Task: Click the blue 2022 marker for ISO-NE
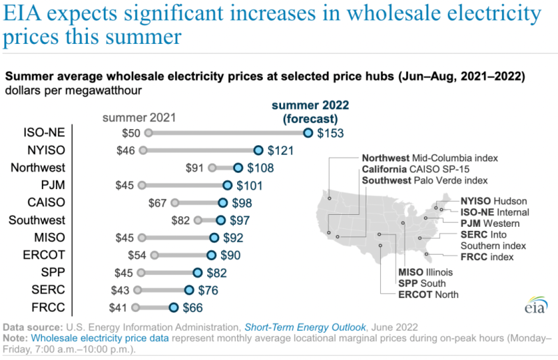[x=308, y=133]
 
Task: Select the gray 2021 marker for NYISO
[x=143, y=150]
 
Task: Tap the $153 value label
[x=331, y=133]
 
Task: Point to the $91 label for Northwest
[x=196, y=167]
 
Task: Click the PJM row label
[x=50, y=185]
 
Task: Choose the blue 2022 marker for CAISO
[x=223, y=202]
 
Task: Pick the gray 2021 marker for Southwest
[x=198, y=220]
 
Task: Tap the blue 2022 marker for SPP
[x=197, y=272]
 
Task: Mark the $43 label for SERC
[x=121, y=290]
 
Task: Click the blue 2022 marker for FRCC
[x=173, y=307]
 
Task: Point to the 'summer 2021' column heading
[x=139, y=118]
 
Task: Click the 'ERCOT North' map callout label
[x=428, y=294]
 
